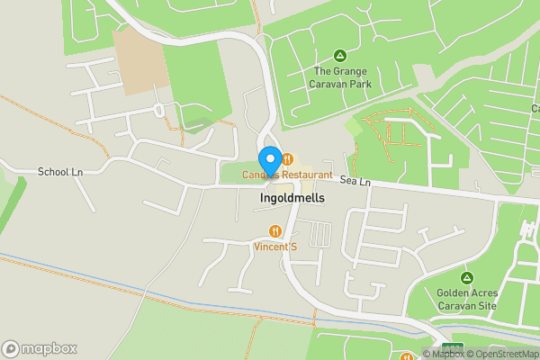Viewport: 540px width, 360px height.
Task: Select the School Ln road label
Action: tap(59, 171)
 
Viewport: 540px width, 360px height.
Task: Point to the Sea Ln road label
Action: tap(356, 183)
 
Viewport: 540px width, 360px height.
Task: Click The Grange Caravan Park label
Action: tap(340, 77)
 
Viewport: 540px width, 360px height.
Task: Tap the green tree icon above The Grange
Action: tap(340, 56)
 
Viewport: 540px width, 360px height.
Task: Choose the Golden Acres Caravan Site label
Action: tap(466, 299)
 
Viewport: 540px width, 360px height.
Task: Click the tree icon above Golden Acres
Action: tap(466, 277)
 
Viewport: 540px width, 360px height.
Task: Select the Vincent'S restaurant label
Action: tap(274, 247)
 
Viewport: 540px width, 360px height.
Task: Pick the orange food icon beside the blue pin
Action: tap(287, 160)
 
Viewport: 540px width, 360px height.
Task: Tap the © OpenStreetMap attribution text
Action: tap(504, 354)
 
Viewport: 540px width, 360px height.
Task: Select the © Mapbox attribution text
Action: tap(442, 354)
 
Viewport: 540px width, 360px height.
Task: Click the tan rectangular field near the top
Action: tap(139, 60)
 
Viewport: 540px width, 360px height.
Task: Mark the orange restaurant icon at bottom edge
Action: tap(400, 355)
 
